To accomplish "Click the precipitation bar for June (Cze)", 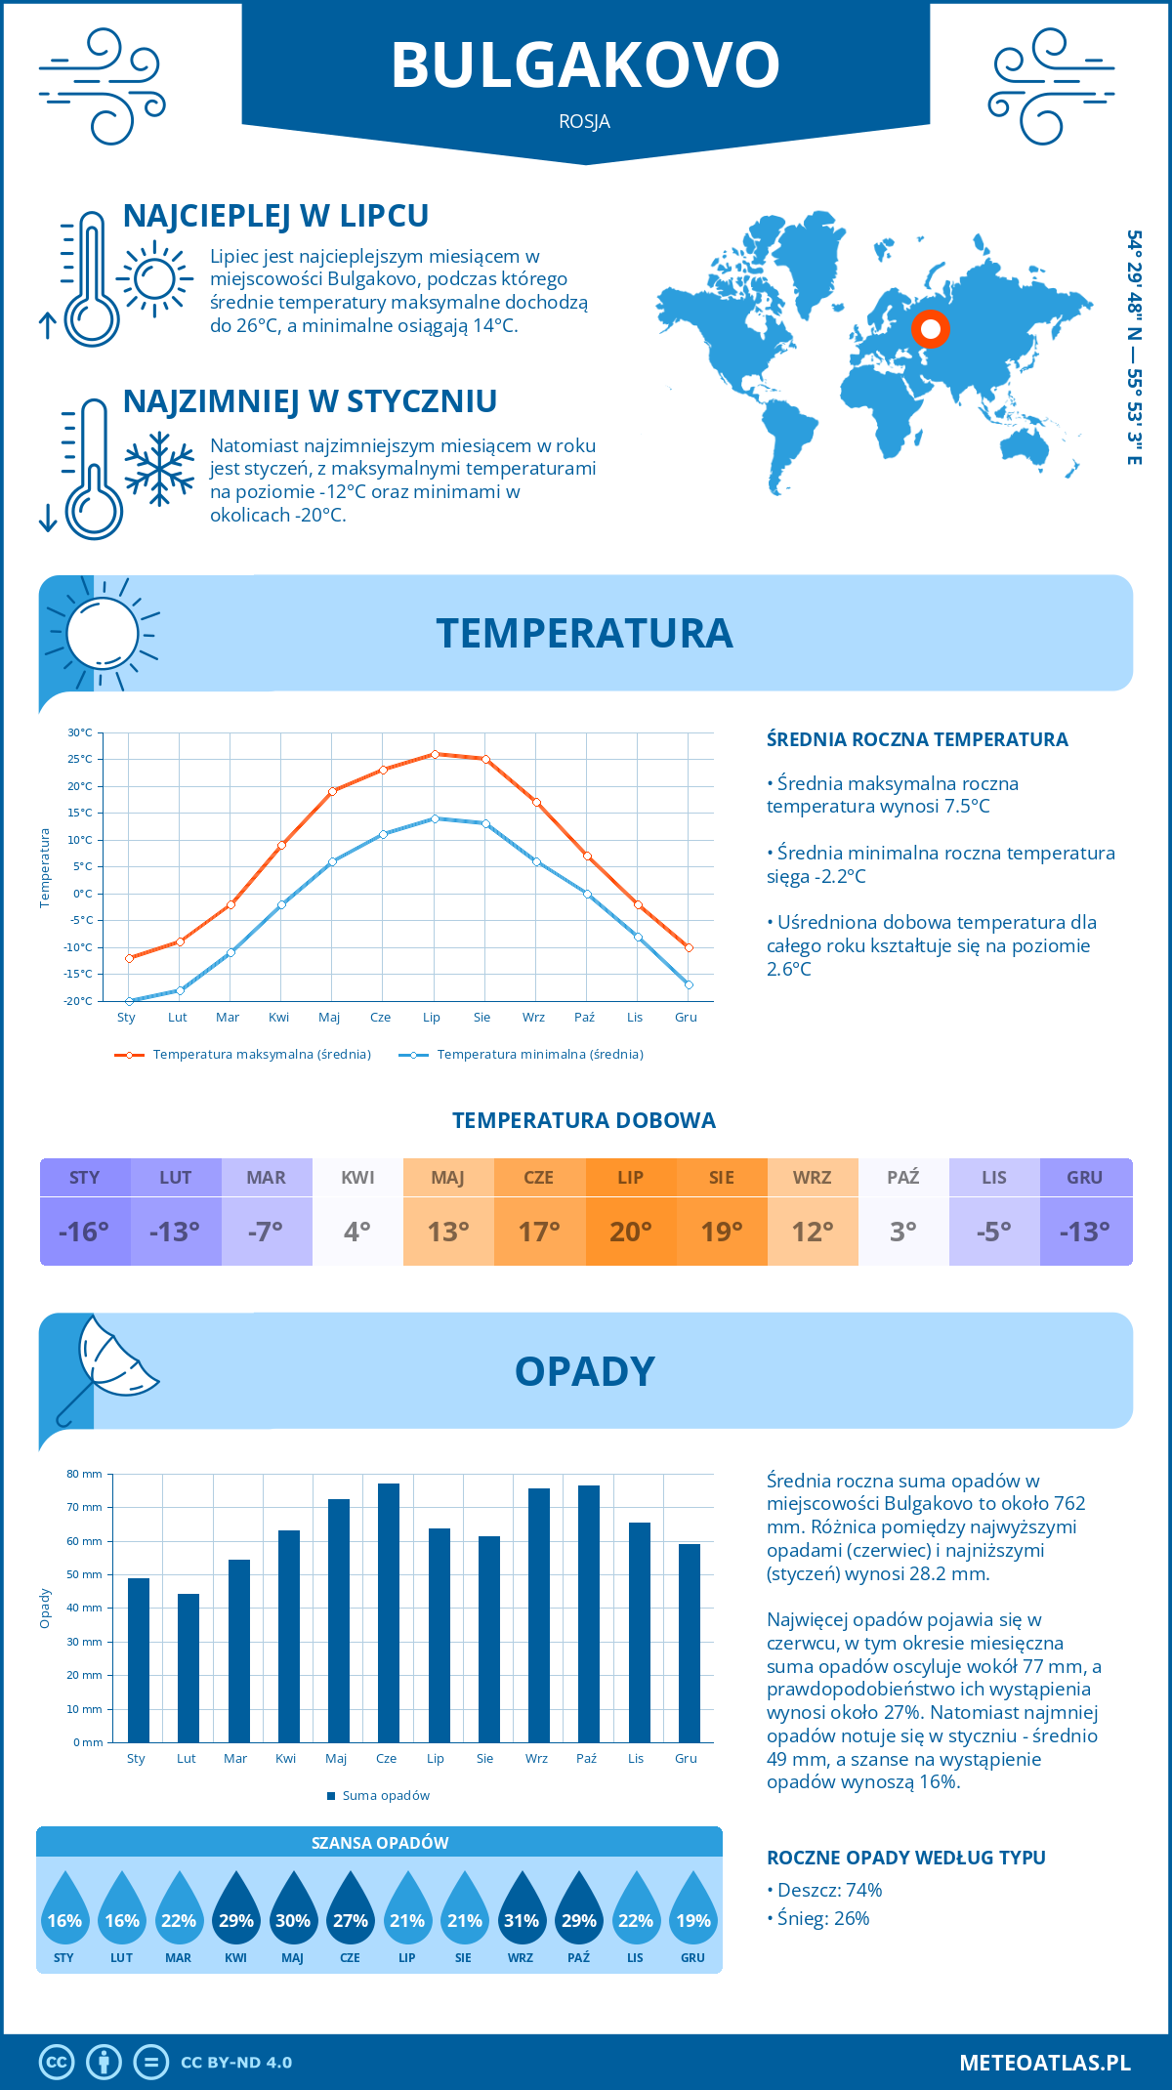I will pyautogui.click(x=389, y=1611).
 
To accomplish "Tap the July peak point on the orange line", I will pyautogui.click(x=435, y=754).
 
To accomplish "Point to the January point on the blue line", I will pyautogui.click(x=129, y=1001).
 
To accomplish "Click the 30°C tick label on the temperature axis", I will pyautogui.click(x=80, y=732).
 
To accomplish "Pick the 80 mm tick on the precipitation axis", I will pyautogui.click(x=85, y=1474).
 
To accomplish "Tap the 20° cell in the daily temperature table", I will pyautogui.click(x=631, y=1232).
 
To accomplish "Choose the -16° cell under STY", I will pyautogui.click(x=84, y=1232).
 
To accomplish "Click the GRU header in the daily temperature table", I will pyautogui.click(x=1085, y=1178).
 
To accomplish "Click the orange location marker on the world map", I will pyautogui.click(x=931, y=329).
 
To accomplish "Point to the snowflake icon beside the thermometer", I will pyautogui.click(x=159, y=469).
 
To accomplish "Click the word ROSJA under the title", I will pyautogui.click(x=585, y=122).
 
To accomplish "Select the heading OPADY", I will pyautogui.click(x=585, y=1371).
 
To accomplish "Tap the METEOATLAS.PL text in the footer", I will pyautogui.click(x=1045, y=2063).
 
